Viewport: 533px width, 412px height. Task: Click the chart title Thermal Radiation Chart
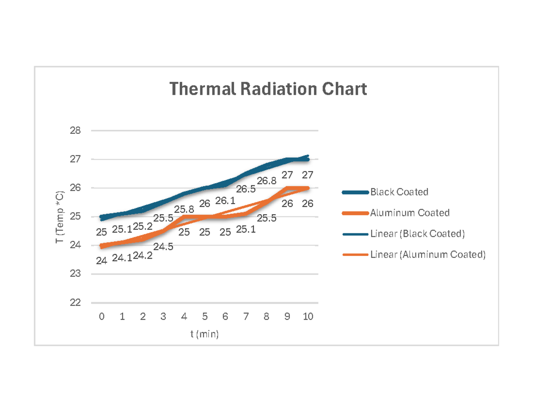click(x=268, y=89)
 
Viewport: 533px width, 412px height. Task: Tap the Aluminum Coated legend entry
click(x=410, y=213)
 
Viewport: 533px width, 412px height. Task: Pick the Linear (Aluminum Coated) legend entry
click(x=428, y=255)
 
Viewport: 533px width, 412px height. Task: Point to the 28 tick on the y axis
click(x=76, y=131)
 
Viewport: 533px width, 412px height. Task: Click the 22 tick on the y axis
click(x=76, y=303)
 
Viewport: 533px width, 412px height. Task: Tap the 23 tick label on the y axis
click(x=76, y=274)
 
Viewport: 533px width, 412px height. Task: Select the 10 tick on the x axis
click(x=308, y=317)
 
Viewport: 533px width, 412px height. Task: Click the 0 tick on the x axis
click(x=102, y=317)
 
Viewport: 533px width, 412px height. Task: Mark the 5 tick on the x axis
click(x=205, y=317)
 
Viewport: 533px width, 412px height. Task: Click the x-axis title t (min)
click(x=205, y=334)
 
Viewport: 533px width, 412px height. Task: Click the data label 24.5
click(x=163, y=247)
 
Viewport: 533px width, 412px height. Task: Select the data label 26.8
click(x=266, y=180)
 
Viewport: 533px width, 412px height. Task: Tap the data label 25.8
click(x=184, y=209)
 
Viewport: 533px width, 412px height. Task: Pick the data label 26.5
click(x=246, y=189)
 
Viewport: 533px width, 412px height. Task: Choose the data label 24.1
click(x=122, y=258)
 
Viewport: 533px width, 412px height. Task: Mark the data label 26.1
click(x=225, y=201)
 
